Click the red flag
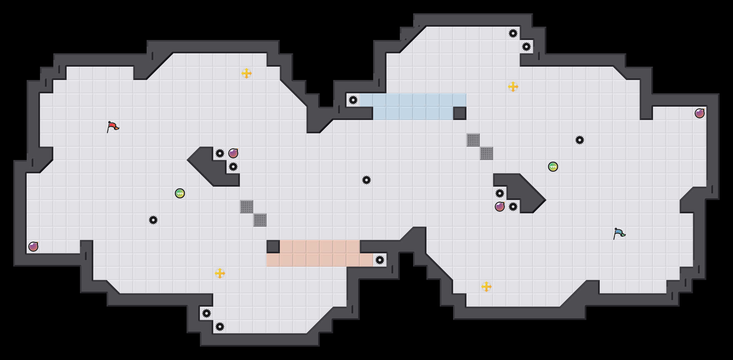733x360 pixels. click(x=113, y=127)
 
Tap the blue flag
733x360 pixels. click(x=619, y=233)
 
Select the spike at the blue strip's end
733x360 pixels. click(x=353, y=100)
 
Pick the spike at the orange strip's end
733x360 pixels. click(x=380, y=260)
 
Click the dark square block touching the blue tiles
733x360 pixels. click(x=460, y=113)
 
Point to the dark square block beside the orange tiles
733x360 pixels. click(x=273, y=247)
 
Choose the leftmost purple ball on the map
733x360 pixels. click(x=33, y=247)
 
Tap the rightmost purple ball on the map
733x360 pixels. click(x=700, y=113)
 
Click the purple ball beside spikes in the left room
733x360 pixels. click(x=233, y=153)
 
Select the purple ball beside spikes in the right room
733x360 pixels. click(x=500, y=207)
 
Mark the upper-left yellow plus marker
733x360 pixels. click(x=247, y=73)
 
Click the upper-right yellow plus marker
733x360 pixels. click(x=513, y=87)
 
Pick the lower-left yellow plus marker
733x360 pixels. click(x=220, y=273)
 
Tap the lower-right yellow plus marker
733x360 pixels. click(x=486, y=287)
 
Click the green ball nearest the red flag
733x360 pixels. click(x=180, y=193)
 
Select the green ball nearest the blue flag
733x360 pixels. click(x=553, y=167)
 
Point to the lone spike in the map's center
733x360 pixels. click(x=366, y=180)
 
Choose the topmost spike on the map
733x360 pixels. click(x=513, y=33)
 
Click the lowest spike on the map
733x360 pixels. click(x=220, y=327)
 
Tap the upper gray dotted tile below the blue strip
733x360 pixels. click(x=473, y=140)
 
